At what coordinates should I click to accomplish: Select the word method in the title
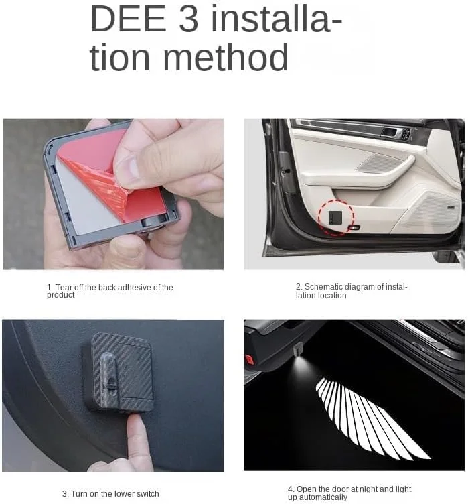pos(226,57)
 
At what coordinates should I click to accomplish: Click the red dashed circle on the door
pos(335,217)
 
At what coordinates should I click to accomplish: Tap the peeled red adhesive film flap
pos(102,181)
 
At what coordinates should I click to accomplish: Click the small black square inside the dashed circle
pos(335,218)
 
